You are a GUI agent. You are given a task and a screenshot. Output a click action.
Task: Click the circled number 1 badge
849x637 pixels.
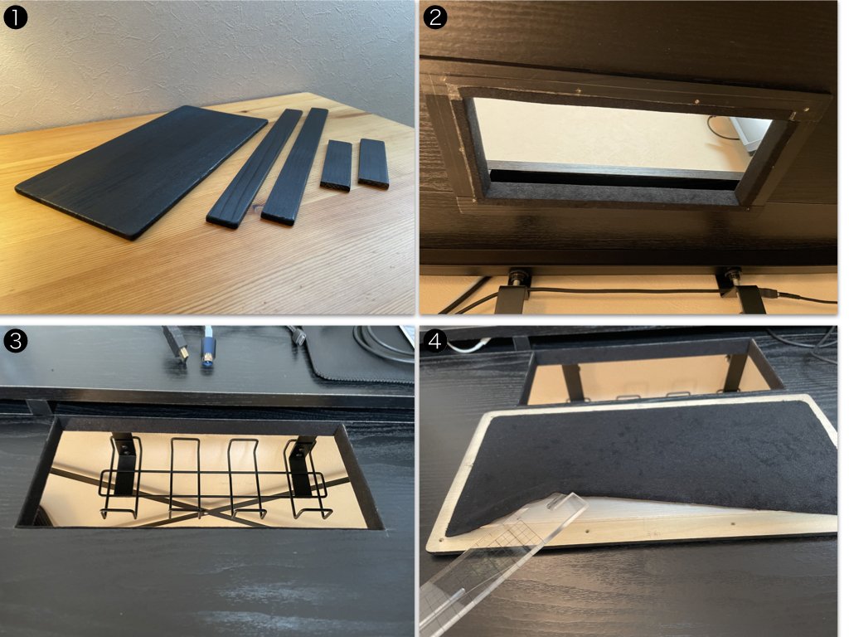[x=15, y=17]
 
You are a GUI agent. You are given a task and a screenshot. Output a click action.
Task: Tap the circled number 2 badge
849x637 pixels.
[x=435, y=17]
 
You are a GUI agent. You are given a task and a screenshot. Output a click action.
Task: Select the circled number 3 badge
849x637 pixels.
[x=15, y=341]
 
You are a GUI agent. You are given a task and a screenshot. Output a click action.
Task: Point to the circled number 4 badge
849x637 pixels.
[x=435, y=341]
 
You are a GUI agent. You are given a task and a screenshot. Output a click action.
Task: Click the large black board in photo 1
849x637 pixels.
[x=142, y=170]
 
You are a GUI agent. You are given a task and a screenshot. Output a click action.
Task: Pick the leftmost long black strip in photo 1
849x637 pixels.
[x=255, y=168]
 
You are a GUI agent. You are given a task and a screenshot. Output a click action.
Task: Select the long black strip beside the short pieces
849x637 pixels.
[x=296, y=166]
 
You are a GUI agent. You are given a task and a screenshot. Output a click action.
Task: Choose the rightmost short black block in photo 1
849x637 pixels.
[x=374, y=163]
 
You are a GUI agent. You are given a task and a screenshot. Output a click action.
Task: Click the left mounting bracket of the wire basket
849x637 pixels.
[x=124, y=463]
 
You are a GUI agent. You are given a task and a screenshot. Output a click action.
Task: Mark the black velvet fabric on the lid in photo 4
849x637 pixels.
[x=644, y=460]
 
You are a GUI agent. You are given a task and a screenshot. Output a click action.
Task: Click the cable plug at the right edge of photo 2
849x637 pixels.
[x=775, y=294]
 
